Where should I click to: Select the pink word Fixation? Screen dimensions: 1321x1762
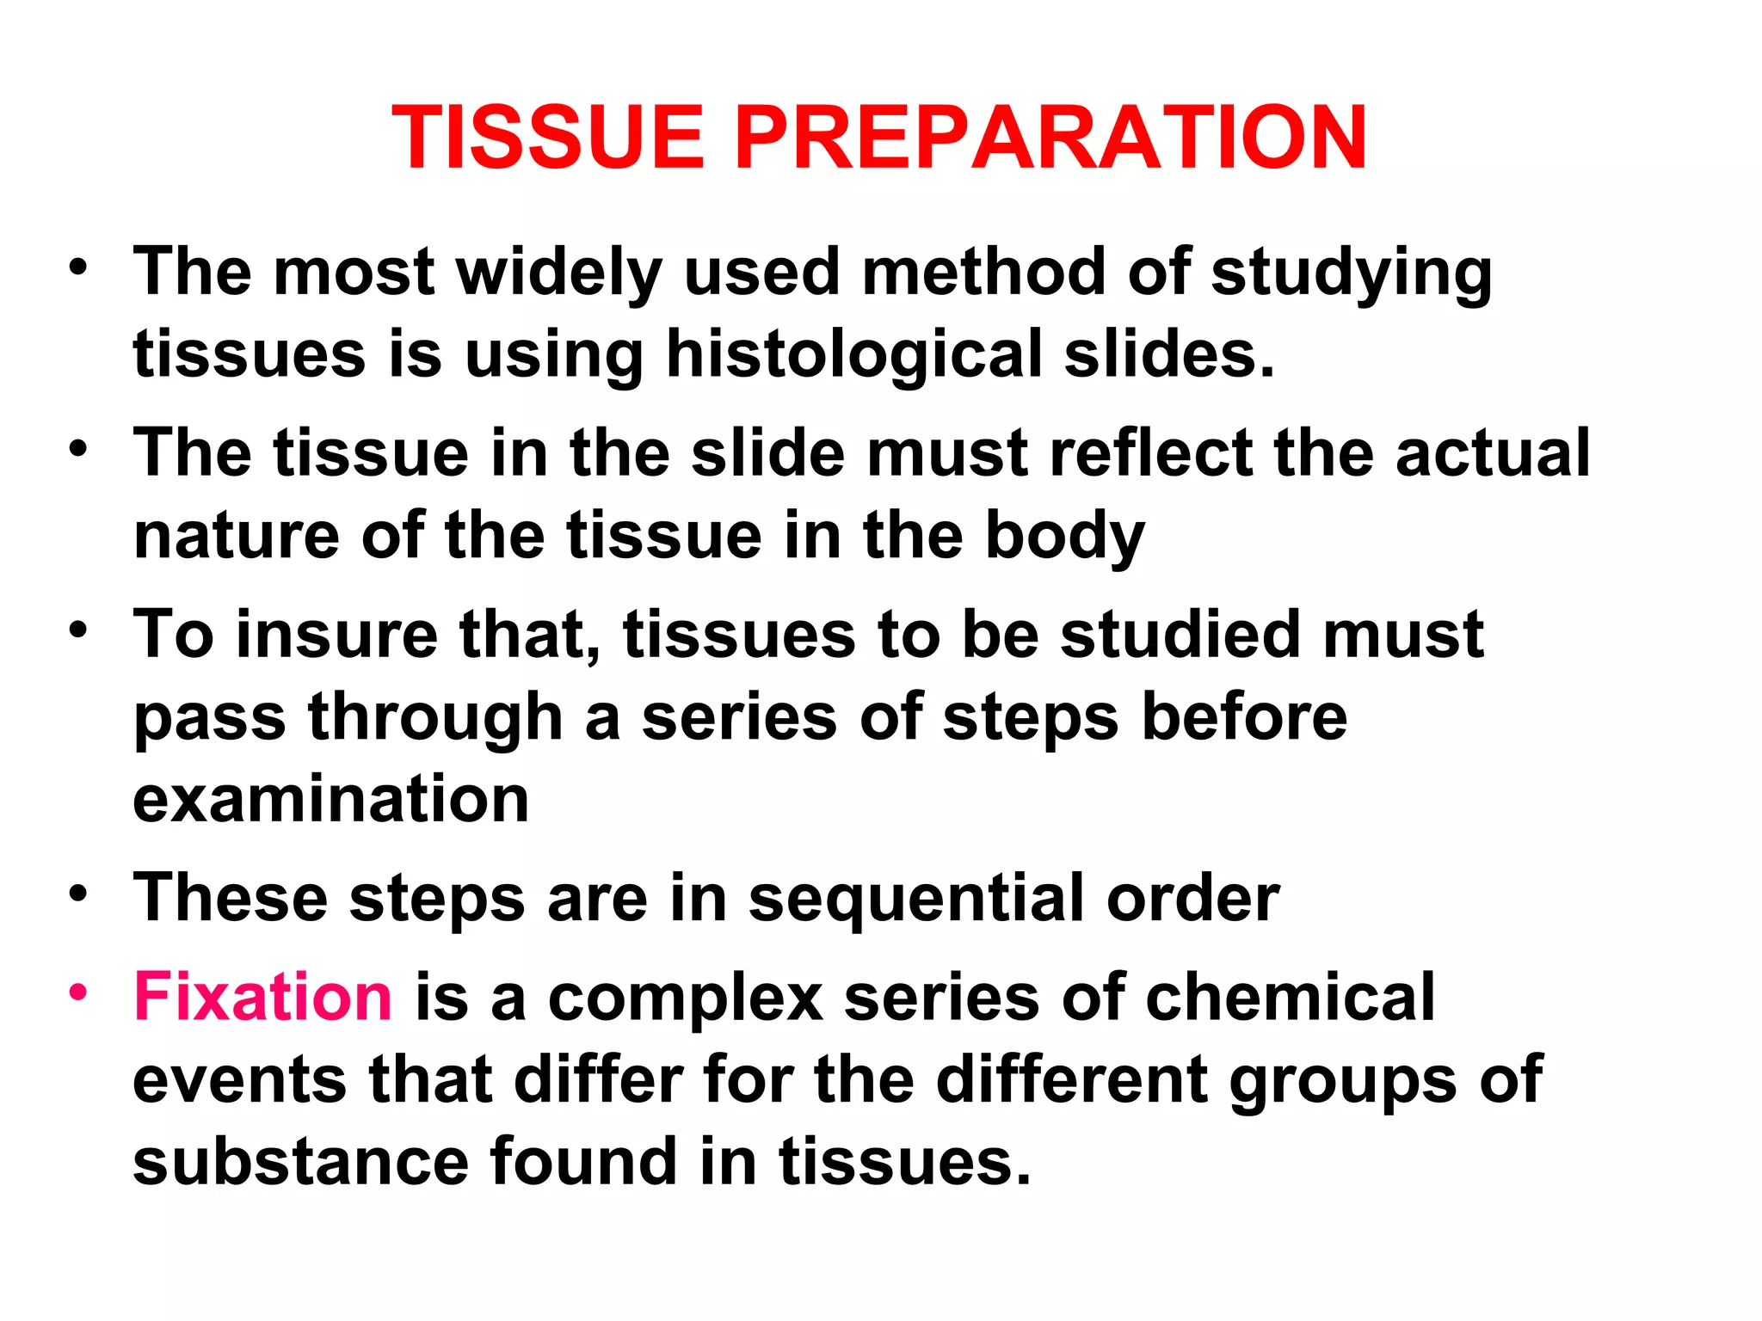pyautogui.click(x=262, y=997)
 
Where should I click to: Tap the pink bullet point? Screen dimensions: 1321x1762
pyautogui.click(x=78, y=992)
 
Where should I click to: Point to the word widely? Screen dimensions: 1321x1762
pyautogui.click(x=558, y=273)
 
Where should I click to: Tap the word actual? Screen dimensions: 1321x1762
pyautogui.click(x=1492, y=453)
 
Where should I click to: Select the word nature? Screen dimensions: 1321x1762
pyautogui.click(x=236, y=536)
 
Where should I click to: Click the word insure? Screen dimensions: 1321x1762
pyautogui.click(x=336, y=635)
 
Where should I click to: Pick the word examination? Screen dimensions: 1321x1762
pyautogui.click(x=330, y=799)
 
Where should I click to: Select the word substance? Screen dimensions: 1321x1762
pyautogui.click(x=300, y=1162)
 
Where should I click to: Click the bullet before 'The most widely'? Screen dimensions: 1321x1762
pyautogui.click(x=78, y=267)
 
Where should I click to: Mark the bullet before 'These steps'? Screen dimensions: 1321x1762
pyautogui.click(x=78, y=894)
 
